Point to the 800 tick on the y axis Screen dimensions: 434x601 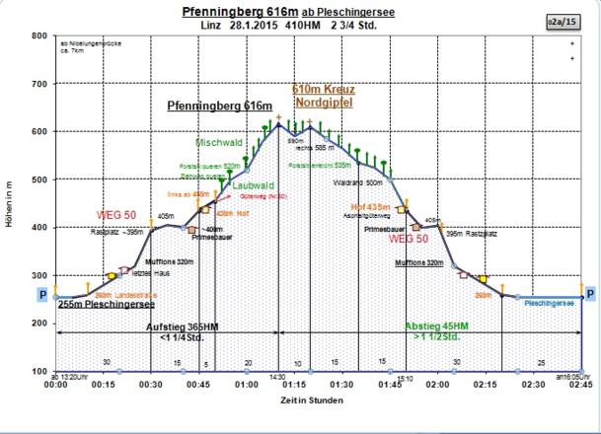click(38, 36)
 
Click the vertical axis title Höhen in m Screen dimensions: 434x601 click(9, 204)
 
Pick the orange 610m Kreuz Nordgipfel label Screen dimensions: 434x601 click(324, 95)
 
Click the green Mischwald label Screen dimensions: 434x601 click(219, 142)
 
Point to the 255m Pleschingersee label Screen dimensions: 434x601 click(103, 306)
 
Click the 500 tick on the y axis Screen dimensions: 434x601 click(38, 180)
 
